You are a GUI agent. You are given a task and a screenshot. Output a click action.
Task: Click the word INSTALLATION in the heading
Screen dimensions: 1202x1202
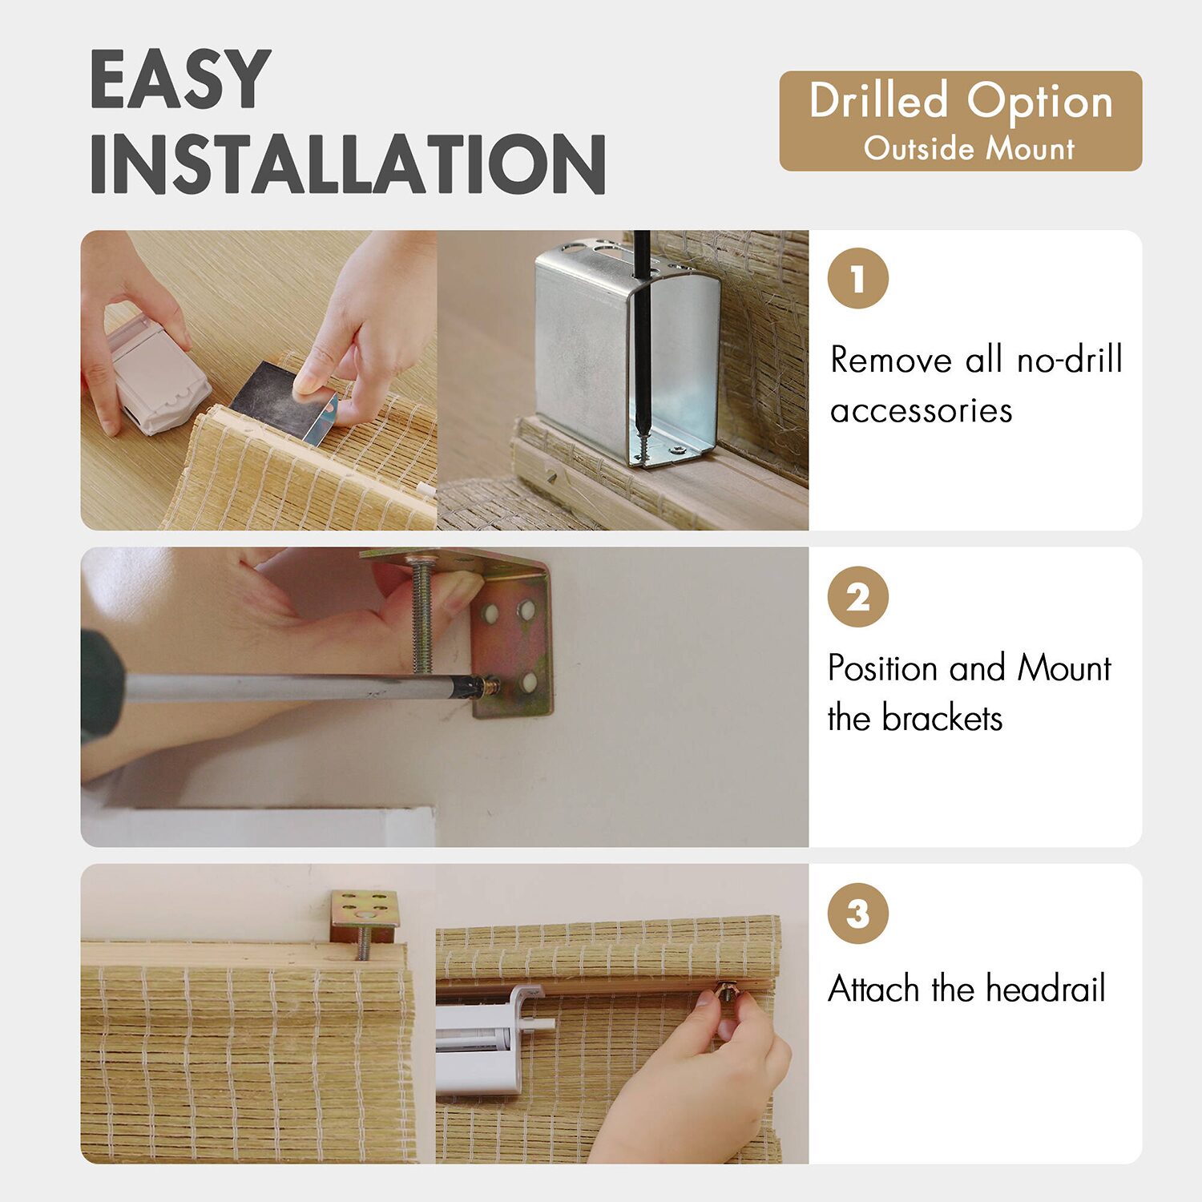pyautogui.click(x=348, y=164)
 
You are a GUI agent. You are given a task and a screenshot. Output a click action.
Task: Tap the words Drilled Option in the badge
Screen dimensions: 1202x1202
pyautogui.click(x=961, y=102)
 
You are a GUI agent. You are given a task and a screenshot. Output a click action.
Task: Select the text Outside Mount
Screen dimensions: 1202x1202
pyautogui.click(x=969, y=149)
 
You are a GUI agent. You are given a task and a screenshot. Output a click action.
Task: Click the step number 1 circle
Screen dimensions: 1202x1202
pyautogui.click(x=858, y=279)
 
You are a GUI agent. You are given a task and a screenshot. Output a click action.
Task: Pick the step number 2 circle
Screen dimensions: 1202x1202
pyautogui.click(x=858, y=596)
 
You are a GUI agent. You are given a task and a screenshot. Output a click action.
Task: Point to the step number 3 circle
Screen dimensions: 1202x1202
pyautogui.click(x=858, y=913)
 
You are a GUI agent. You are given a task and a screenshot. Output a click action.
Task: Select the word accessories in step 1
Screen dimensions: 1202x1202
pyautogui.click(x=922, y=411)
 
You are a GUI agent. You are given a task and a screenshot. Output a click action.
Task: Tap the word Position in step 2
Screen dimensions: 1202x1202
pyautogui.click(x=882, y=668)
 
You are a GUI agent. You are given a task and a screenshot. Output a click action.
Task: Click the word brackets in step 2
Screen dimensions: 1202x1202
pyautogui.click(x=942, y=718)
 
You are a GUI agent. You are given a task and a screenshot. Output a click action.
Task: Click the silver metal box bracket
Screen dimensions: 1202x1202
pyautogui.click(x=627, y=353)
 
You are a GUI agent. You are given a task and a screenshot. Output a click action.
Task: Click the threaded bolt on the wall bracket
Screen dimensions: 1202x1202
pyautogui.click(x=422, y=612)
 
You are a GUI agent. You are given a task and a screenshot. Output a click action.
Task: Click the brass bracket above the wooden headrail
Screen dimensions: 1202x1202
pyautogui.click(x=365, y=917)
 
